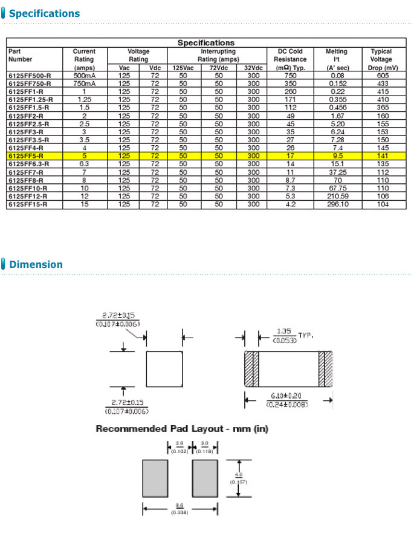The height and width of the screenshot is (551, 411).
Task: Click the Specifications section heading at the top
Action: click(x=44, y=13)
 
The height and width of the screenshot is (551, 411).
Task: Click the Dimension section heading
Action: click(x=36, y=264)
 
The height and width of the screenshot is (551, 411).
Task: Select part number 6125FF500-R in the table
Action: click(x=30, y=76)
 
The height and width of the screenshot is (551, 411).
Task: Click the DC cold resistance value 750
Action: click(x=290, y=76)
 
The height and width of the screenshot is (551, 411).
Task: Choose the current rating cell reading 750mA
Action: click(x=84, y=83)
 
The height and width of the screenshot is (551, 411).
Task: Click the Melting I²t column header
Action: click(x=337, y=59)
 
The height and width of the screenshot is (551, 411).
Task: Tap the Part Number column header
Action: click(x=21, y=56)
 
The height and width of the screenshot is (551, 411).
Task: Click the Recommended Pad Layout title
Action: click(x=182, y=429)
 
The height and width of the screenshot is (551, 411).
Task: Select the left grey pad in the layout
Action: click(x=155, y=478)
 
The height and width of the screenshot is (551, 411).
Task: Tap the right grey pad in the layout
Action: click(x=204, y=478)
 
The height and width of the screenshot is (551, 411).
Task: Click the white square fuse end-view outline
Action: click(x=164, y=369)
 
